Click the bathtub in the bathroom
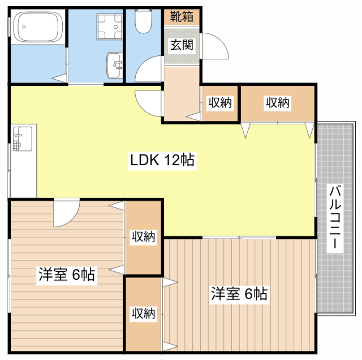pyautogui.click(x=37, y=27)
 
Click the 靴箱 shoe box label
pyautogui.click(x=182, y=16)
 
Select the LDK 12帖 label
pyautogui.click(x=162, y=161)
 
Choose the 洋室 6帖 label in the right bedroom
pyautogui.click(x=239, y=294)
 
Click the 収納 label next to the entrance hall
pyautogui.click(x=219, y=103)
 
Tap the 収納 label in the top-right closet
pyautogui.click(x=278, y=103)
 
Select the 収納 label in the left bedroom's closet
pyautogui.click(x=144, y=236)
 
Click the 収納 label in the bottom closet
pyautogui.click(x=144, y=313)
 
